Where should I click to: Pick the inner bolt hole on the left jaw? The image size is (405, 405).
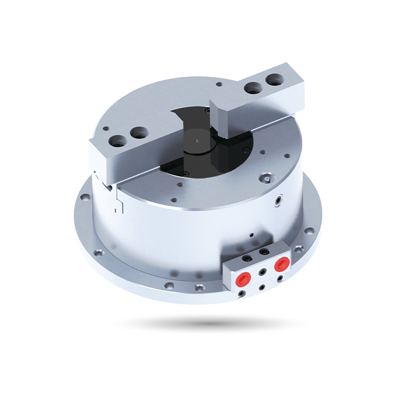point(139,134)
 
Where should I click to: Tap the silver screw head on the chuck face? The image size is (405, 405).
point(268,178)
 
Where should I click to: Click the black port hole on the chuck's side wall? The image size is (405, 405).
point(277,201)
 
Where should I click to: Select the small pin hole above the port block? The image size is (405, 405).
point(251,235)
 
